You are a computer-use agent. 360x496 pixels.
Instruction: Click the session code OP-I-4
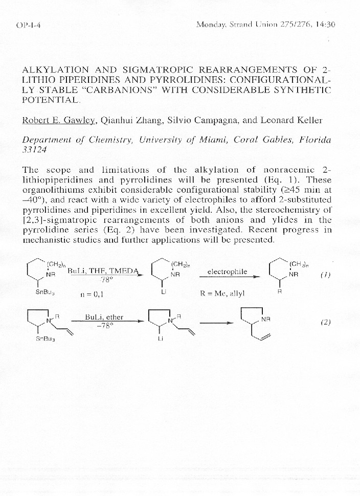(29, 25)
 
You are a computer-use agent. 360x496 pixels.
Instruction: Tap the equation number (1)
(325, 275)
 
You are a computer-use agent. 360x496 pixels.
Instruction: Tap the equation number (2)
(325, 322)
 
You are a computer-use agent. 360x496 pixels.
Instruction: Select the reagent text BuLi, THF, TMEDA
(103, 272)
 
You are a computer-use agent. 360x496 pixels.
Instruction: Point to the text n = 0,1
(93, 294)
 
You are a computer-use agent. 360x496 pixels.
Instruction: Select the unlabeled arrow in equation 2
(212, 323)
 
